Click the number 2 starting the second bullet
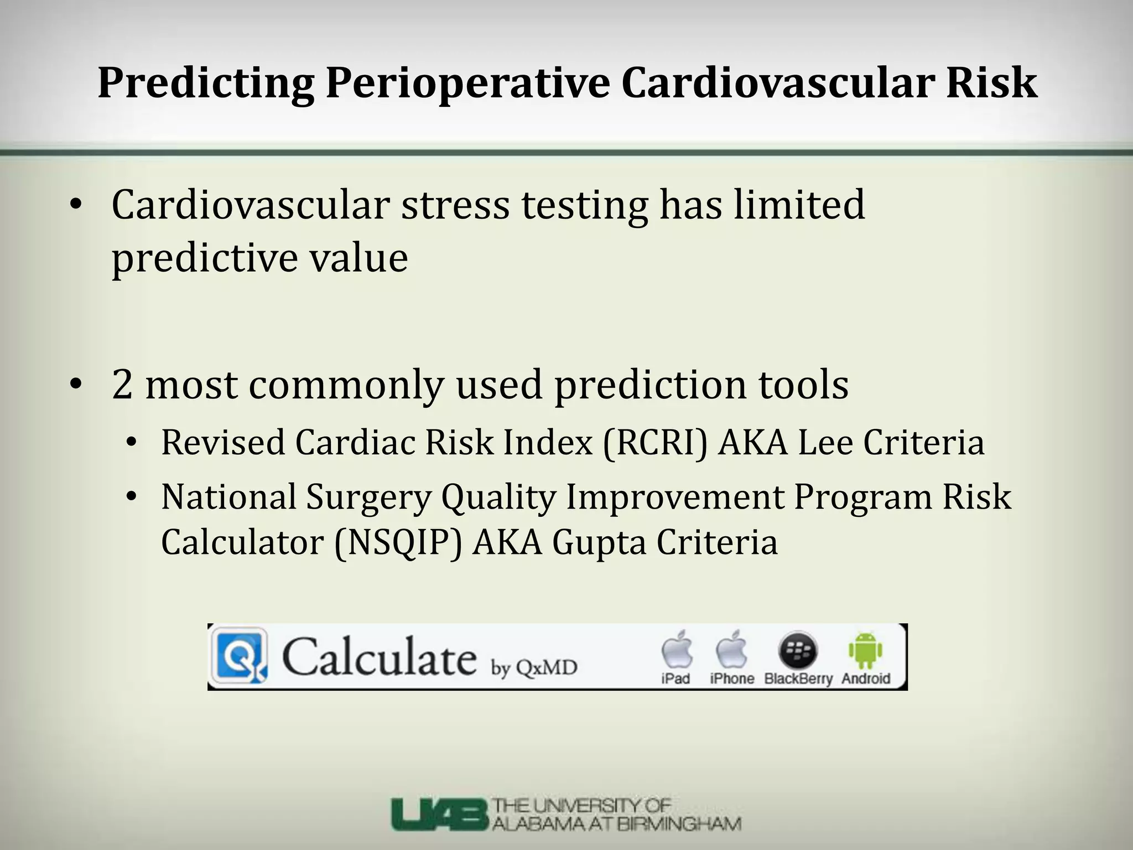click(122, 385)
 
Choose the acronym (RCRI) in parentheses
click(655, 443)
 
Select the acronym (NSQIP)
click(398, 542)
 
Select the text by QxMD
click(534, 668)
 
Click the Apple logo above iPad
click(677, 649)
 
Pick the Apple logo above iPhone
click(731, 649)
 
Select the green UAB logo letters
click(439, 815)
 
